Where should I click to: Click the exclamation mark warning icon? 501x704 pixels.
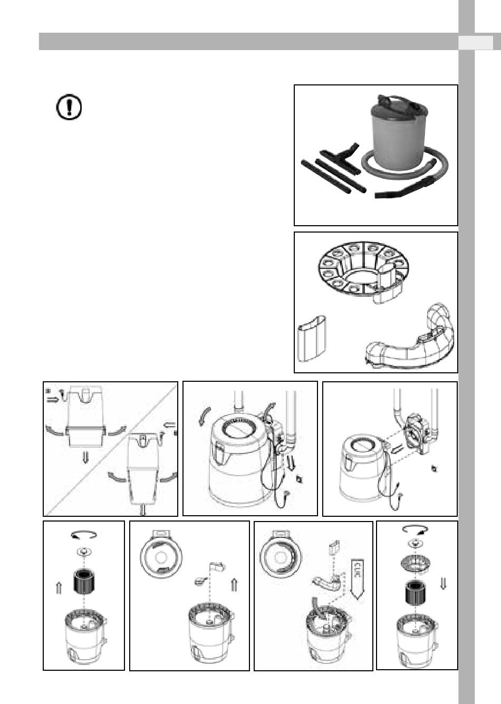(69, 107)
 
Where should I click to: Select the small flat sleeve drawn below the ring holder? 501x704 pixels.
(312, 339)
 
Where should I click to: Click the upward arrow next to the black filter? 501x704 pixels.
(59, 587)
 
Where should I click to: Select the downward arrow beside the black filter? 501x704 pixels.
(443, 583)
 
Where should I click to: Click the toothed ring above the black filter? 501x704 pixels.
(416, 563)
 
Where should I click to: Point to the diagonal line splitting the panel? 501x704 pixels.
(110, 449)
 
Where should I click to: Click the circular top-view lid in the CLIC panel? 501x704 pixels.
(280, 556)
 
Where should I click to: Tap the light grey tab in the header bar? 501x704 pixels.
(475, 42)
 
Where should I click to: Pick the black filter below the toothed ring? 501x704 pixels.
(416, 593)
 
